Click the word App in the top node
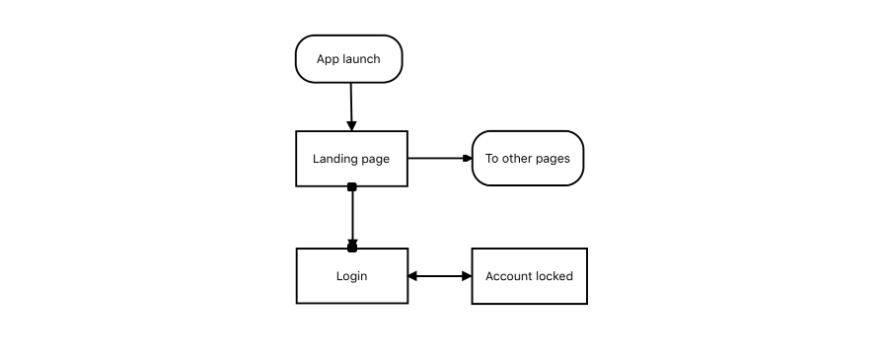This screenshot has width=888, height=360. click(x=328, y=59)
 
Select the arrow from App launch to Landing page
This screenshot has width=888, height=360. click(x=350, y=104)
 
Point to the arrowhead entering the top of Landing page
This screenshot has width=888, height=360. click(x=351, y=125)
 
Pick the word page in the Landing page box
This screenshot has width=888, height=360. click(x=375, y=159)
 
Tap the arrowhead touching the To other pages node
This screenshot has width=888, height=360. click(x=467, y=158)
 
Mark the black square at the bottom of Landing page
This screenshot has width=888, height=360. click(x=351, y=186)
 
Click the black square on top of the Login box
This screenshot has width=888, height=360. click(x=352, y=248)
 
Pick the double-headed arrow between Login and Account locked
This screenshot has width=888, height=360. click(x=440, y=276)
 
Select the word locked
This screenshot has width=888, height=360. click(x=554, y=276)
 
